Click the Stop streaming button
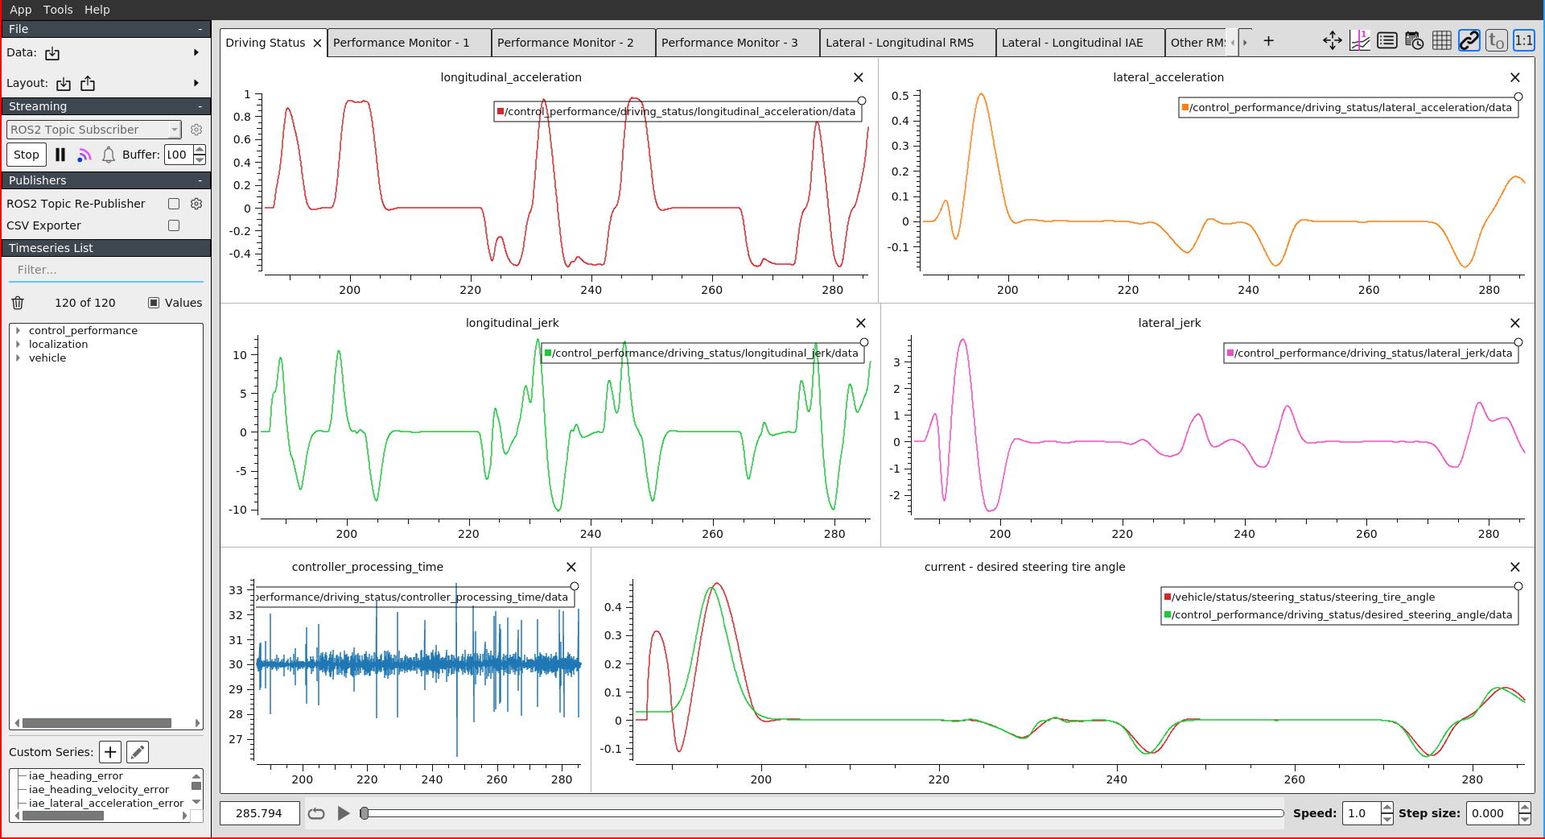26,155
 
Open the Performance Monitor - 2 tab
565,43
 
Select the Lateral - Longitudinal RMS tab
899,43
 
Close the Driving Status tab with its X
318,43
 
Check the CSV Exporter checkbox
174,225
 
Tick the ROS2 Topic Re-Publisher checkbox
174,204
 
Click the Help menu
97,10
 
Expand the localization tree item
18,345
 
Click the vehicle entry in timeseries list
47,358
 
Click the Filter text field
105,270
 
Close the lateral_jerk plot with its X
1515,323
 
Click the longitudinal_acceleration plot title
510,77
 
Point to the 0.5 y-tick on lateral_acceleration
900,96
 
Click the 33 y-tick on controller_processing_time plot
236,590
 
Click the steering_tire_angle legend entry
1303,597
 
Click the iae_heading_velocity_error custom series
98,790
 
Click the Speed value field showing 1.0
1360,813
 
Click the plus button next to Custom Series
110,752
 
